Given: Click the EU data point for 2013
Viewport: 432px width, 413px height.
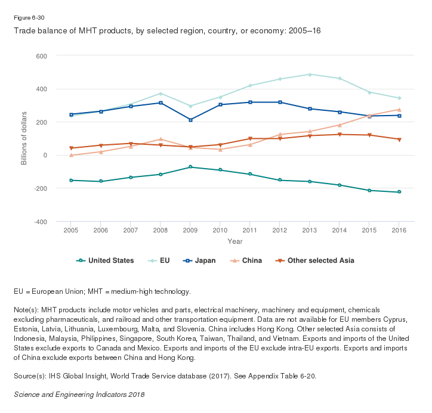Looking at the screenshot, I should point(310,74).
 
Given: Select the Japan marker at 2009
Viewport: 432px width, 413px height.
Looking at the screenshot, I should point(190,120).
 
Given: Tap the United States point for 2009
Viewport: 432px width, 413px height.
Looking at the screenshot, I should point(190,167).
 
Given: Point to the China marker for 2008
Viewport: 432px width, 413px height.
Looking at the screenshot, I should point(161,139).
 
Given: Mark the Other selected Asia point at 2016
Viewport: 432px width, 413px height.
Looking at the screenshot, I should point(399,139).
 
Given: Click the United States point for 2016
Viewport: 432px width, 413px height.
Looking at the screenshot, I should point(399,192).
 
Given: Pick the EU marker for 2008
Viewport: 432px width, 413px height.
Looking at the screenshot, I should point(161,94).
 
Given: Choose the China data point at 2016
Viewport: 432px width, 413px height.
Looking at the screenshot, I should point(399,110).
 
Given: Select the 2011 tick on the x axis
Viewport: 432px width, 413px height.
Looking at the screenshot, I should point(250,230).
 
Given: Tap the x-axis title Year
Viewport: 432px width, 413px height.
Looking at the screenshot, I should point(235,241).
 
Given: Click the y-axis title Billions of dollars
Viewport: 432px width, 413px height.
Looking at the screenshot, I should point(24,138).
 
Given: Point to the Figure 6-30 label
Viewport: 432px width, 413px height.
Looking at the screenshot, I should point(29,18).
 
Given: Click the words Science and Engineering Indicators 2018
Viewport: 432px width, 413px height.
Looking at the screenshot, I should point(79,395).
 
